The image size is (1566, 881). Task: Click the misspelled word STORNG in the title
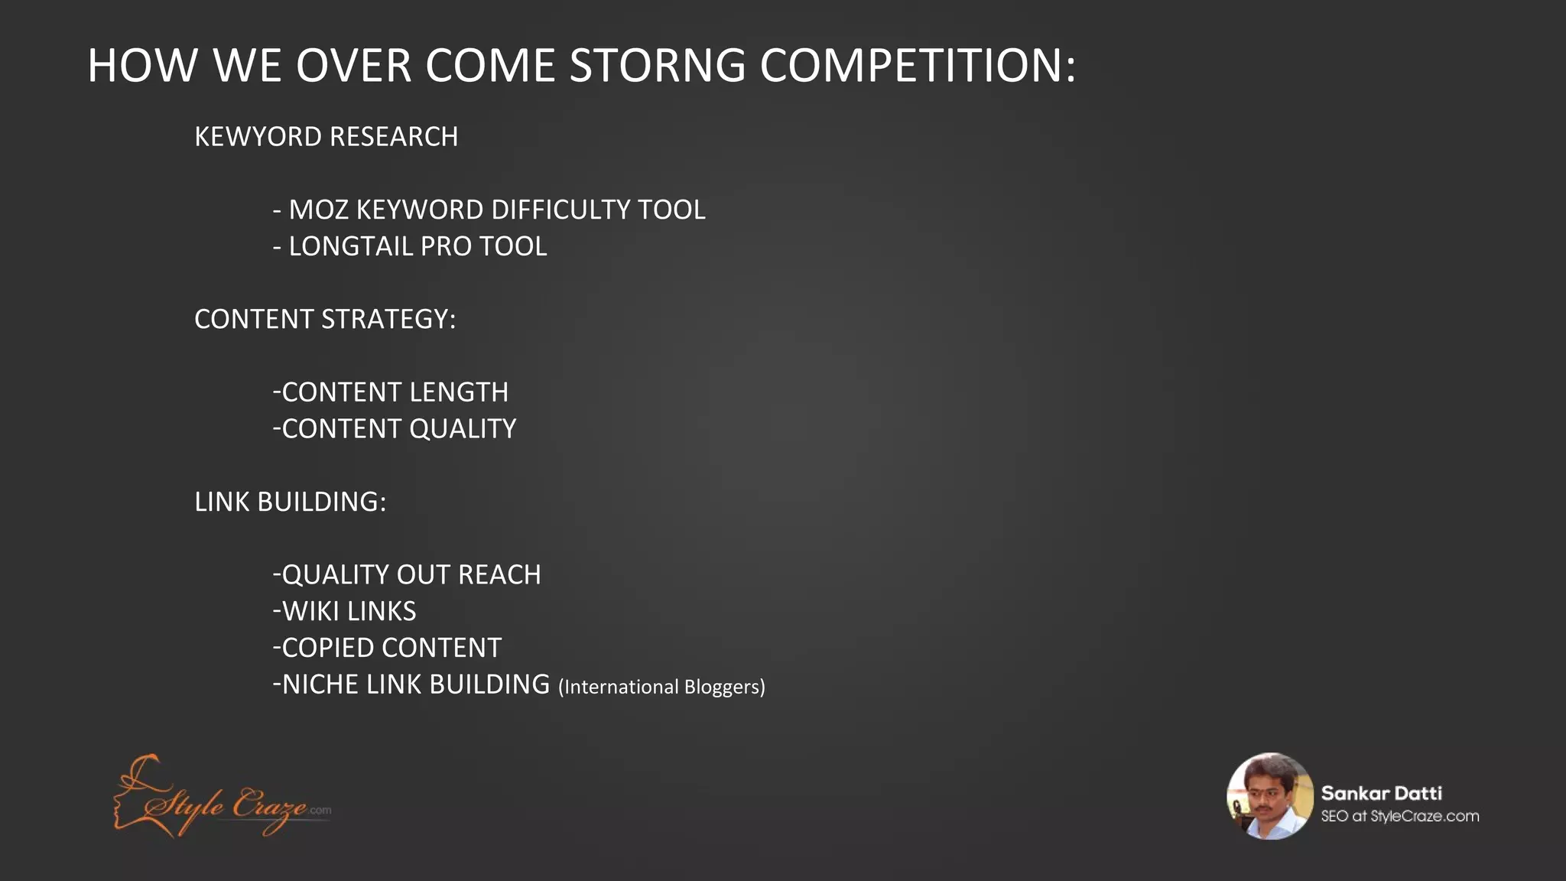[x=658, y=66]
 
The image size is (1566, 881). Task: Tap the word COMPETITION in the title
[x=918, y=66]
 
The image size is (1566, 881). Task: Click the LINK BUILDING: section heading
[x=290, y=502]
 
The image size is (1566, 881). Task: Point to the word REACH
[x=499, y=575]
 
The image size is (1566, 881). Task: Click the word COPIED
[x=327, y=649]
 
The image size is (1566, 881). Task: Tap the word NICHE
[x=320, y=684]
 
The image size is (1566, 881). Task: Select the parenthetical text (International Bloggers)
[x=661, y=687]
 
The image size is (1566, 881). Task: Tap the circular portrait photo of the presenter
[x=1269, y=796]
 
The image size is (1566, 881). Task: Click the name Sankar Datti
[x=1381, y=793]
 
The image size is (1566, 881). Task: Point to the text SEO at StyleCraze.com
[x=1399, y=816]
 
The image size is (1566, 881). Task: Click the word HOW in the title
[x=142, y=66]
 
